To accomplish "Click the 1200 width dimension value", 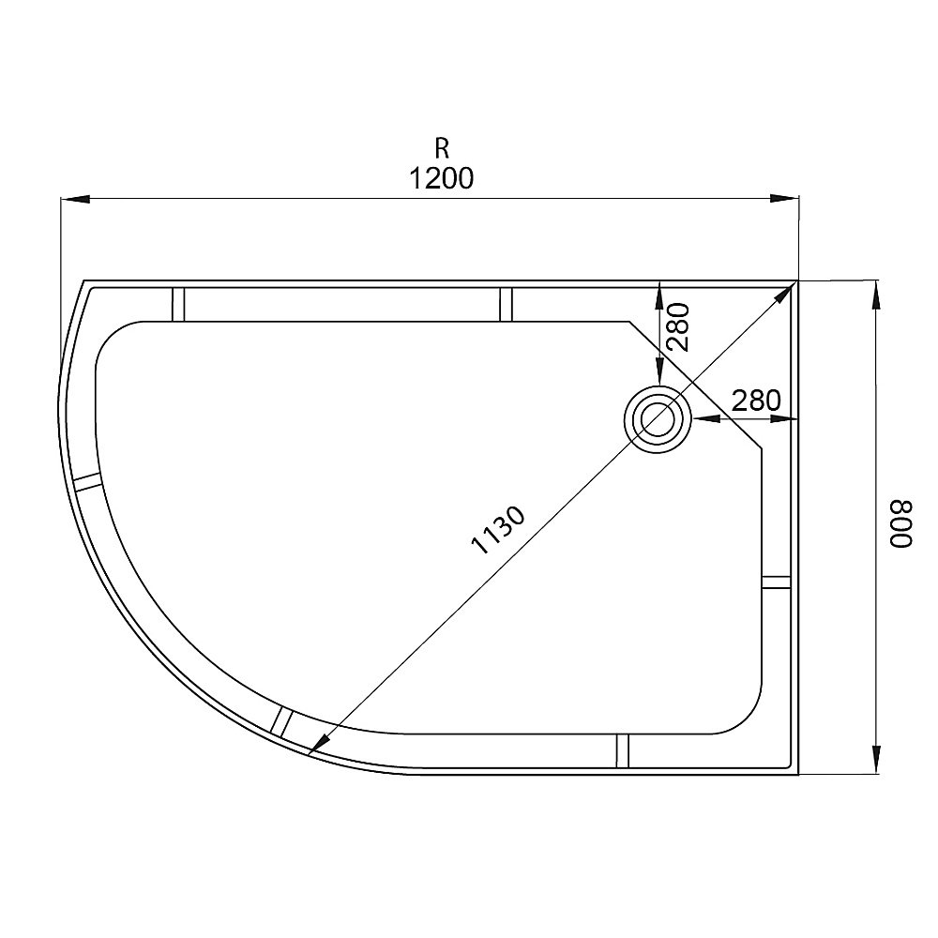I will pyautogui.click(x=441, y=177).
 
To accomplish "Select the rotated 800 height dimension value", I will pyautogui.click(x=900, y=527).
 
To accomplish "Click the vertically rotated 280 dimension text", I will pyautogui.click(x=677, y=327).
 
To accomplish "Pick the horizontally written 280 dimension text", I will pyautogui.click(x=755, y=401).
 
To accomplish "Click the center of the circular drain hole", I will pyautogui.click(x=657, y=419).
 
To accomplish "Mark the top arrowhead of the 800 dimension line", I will pyautogui.click(x=876, y=294).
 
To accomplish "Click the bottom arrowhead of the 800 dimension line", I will pyautogui.click(x=876, y=761).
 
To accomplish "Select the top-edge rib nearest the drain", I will pyautogui.click(x=506, y=304).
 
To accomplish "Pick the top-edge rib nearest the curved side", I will pyautogui.click(x=178, y=304).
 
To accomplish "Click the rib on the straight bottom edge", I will pyautogui.click(x=622, y=750).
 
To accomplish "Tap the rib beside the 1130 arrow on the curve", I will pyautogui.click(x=281, y=721).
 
